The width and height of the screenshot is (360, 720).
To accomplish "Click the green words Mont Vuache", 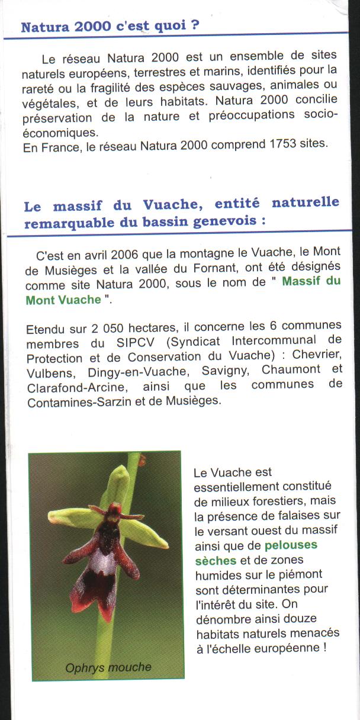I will tap(63, 300).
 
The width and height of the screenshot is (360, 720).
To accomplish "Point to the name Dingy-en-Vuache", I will tap(130, 372).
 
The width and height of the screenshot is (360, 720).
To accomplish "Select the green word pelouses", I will tap(291, 545).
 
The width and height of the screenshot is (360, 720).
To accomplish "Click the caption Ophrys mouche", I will tap(108, 668).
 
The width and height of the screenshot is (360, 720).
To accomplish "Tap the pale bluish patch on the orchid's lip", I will tap(103, 562).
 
